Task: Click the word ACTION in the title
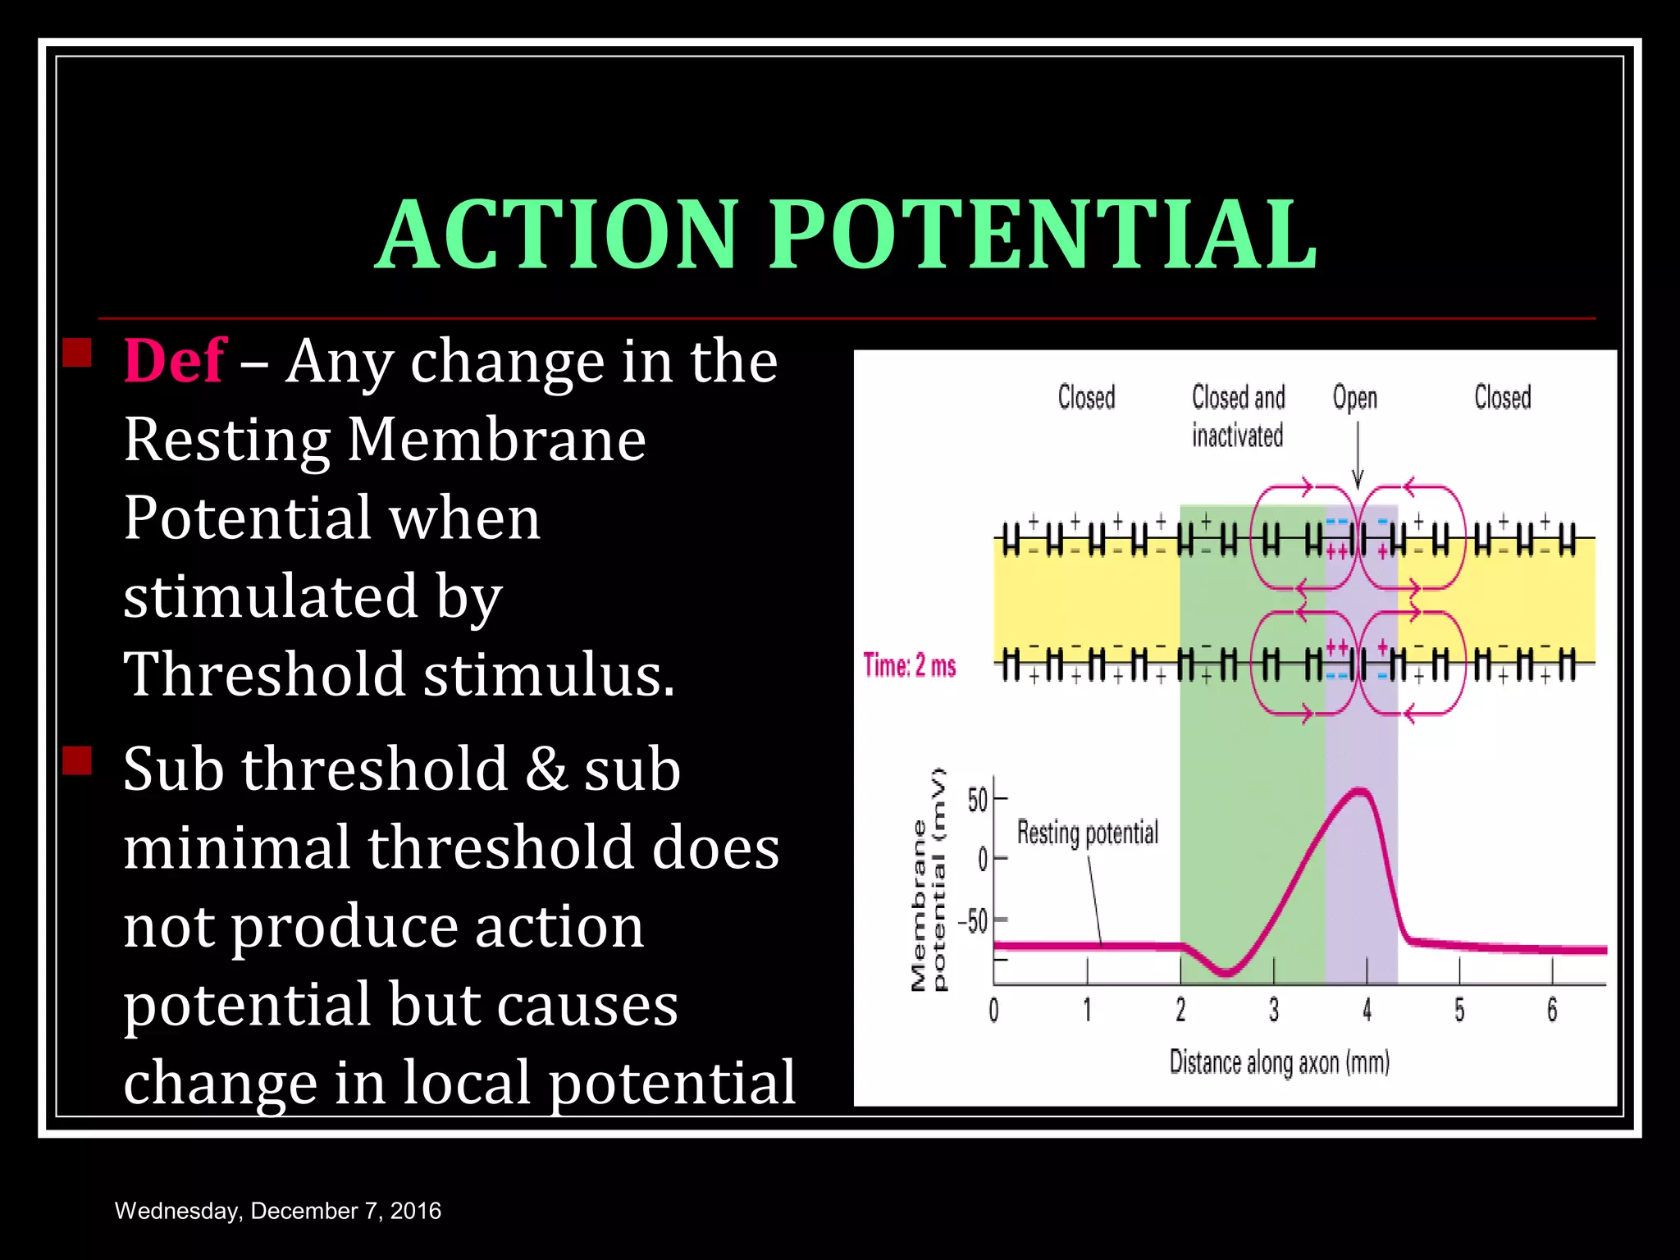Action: [558, 235]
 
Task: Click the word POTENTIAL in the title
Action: [1042, 235]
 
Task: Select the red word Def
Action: [174, 361]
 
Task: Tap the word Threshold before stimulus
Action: [264, 674]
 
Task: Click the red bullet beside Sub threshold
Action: [77, 760]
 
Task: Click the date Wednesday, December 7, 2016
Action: [277, 1211]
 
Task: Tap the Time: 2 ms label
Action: [910, 665]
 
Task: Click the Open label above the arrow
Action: [1354, 398]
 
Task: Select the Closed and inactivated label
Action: [1238, 417]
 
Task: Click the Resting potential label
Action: [1087, 833]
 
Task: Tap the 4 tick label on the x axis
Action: [1367, 1011]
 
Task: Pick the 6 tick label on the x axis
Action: [1552, 1011]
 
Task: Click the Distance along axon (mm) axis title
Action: [1279, 1063]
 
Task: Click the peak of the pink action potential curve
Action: [1360, 791]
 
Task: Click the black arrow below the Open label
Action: [1358, 456]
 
